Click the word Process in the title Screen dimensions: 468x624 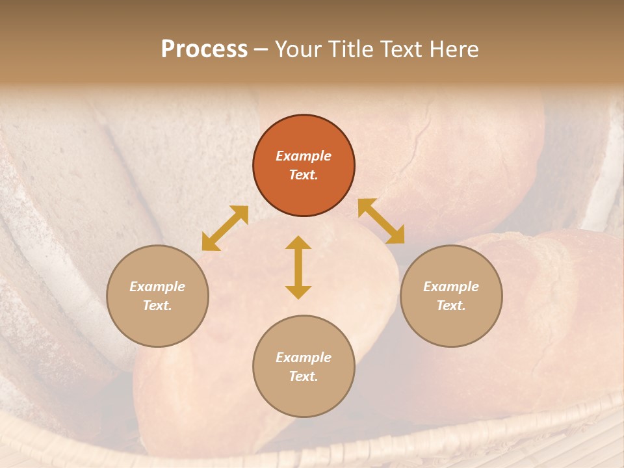(204, 49)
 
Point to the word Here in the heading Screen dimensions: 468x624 (454, 49)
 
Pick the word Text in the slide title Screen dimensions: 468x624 (401, 49)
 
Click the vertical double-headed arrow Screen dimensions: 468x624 (298, 267)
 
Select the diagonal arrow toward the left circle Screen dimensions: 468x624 (225, 228)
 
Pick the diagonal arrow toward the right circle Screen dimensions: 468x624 (381, 221)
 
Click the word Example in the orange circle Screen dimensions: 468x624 (304, 156)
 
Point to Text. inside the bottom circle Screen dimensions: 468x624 (304, 376)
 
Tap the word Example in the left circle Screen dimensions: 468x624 (157, 287)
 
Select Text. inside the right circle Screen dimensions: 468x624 (451, 305)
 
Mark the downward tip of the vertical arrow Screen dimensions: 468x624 (298, 296)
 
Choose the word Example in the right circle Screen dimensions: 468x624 (451, 287)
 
